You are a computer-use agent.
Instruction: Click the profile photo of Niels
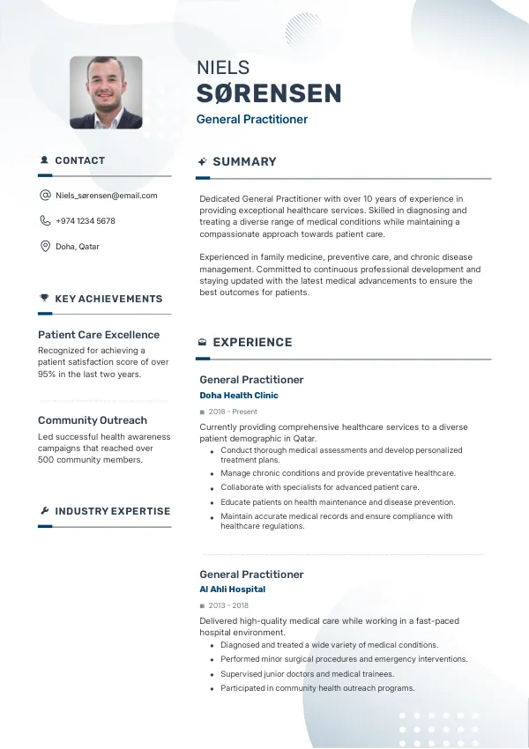(106, 93)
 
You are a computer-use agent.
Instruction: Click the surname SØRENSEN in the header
(269, 93)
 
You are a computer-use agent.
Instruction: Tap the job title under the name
(252, 119)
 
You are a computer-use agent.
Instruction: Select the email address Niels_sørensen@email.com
(106, 196)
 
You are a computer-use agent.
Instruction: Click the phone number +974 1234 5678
(85, 221)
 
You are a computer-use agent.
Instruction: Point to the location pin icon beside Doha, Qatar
(45, 247)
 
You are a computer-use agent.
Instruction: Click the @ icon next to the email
(45, 196)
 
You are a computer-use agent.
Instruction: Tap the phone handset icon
(45, 221)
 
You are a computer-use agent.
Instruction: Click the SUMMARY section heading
(244, 162)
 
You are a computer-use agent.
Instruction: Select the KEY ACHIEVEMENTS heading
(108, 299)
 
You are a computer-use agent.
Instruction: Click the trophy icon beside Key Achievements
(44, 299)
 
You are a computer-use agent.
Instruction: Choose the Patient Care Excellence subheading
(99, 335)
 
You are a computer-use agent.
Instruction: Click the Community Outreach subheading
(93, 420)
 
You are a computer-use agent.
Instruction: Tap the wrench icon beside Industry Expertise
(44, 511)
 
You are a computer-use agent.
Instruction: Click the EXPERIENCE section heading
(252, 343)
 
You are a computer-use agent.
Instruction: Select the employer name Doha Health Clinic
(239, 396)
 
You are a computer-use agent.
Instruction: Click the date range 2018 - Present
(233, 412)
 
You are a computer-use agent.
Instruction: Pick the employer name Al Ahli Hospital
(232, 590)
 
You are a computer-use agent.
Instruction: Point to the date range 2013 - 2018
(228, 605)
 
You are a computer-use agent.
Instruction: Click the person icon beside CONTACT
(44, 160)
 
